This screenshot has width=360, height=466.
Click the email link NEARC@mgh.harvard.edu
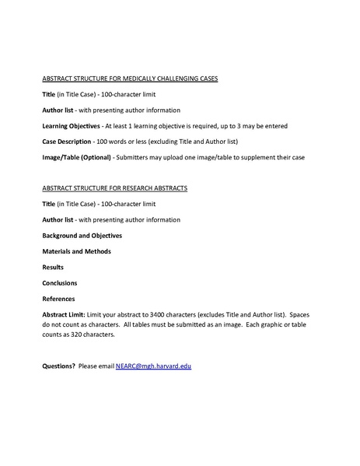pyautogui.click(x=153, y=365)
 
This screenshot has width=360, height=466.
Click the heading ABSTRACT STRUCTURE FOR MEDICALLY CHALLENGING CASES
pyautogui.click(x=129, y=79)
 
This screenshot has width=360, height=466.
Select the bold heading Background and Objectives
pyautogui.click(x=82, y=235)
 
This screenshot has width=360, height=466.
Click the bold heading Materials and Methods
pyautogui.click(x=76, y=251)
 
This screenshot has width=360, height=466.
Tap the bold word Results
pyautogui.click(x=54, y=267)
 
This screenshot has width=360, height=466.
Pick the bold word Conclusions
pyautogui.click(x=59, y=282)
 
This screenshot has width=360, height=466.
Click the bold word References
pyautogui.click(x=58, y=298)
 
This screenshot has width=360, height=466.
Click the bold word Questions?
pyautogui.click(x=58, y=365)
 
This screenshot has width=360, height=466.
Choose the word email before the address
pyautogui.click(x=107, y=365)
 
